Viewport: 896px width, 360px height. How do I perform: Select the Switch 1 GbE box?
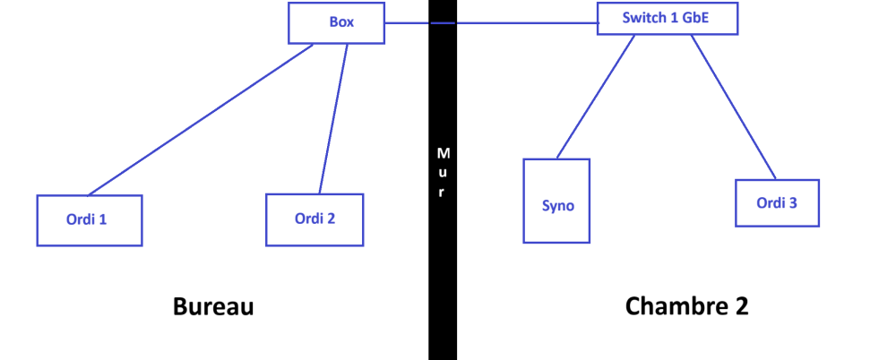point(668,17)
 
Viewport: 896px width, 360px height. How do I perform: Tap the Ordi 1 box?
point(89,219)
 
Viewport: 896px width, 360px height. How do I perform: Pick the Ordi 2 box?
point(314,219)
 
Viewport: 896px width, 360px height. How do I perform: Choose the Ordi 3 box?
point(777,202)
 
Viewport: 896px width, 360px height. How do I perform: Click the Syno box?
point(556,201)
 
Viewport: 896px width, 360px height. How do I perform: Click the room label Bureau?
point(213,307)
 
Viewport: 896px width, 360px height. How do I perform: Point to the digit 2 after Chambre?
point(740,306)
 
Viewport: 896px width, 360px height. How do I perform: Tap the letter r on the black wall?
point(442,193)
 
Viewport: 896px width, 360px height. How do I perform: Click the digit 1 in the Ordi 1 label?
point(103,219)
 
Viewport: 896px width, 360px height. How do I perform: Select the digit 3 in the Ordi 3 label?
point(792,202)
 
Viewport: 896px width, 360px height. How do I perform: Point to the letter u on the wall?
point(443,173)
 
